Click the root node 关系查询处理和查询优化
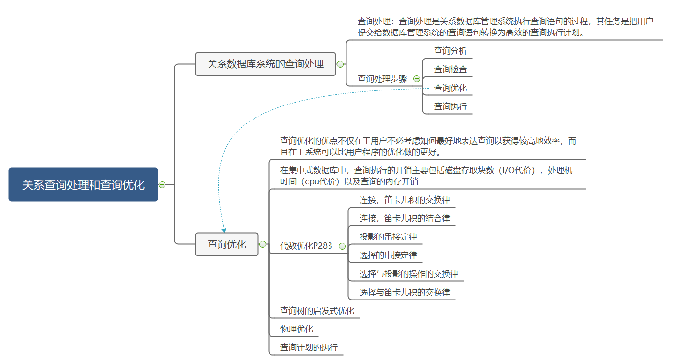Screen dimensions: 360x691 (x=83, y=184)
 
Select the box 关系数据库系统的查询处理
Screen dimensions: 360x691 (x=265, y=64)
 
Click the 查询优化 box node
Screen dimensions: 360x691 (x=226, y=244)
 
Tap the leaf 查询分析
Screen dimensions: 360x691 (x=450, y=51)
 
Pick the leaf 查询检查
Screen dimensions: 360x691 (x=450, y=69)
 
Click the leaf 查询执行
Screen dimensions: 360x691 (x=450, y=106)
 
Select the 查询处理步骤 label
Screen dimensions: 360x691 (x=382, y=79)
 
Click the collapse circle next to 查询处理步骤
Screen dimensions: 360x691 (x=417, y=79)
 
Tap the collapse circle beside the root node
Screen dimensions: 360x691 (x=162, y=184)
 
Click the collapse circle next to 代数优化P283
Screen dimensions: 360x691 (x=342, y=246)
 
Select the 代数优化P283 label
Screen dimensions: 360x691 (x=306, y=246)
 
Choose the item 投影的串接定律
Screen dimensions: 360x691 (x=388, y=237)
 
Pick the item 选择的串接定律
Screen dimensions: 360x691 (x=388, y=255)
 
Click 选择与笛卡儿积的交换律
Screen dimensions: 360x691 (x=405, y=292)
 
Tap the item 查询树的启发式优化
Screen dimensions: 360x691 (x=317, y=311)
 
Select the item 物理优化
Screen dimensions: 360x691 (x=296, y=330)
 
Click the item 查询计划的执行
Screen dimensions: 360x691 (x=309, y=347)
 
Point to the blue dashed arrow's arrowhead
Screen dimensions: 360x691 (x=224, y=230)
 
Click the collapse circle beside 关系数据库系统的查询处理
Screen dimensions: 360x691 (x=340, y=64)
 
